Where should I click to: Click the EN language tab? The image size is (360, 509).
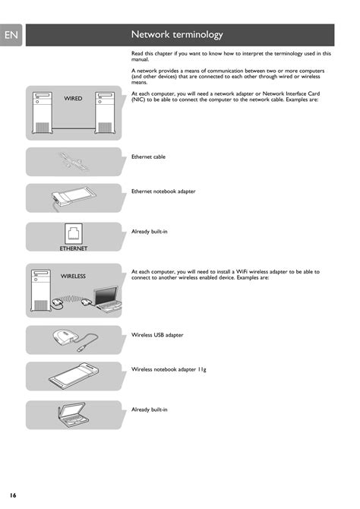pos(11,35)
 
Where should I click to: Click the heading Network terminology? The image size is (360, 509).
pos(177,34)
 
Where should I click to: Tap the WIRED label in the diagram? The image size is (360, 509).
pos(73,98)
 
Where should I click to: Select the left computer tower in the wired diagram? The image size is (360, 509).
pos(43,112)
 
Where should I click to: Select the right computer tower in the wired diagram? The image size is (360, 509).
pos(105,112)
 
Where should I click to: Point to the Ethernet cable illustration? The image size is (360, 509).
pos(74,161)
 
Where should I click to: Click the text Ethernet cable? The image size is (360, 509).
pos(148,156)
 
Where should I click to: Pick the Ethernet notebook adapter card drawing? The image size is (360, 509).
pos(74,198)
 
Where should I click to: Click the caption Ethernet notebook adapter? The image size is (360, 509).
pos(163,191)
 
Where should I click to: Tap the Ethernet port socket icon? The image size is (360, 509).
pos(74,234)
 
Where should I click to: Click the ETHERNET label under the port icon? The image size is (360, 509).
pos(74,248)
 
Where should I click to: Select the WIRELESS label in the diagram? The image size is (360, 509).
pos(73,277)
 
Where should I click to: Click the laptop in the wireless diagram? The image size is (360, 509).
pos(108,299)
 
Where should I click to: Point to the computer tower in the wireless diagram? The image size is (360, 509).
pos(41,290)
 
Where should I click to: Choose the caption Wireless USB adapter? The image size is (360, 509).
pos(157,335)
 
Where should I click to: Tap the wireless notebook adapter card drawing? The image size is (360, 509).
pos(74,376)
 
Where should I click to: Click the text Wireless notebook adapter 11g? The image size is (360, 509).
pos(169,369)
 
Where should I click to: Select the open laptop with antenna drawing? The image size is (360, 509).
pos(73,415)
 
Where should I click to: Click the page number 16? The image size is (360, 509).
pos(13,495)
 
